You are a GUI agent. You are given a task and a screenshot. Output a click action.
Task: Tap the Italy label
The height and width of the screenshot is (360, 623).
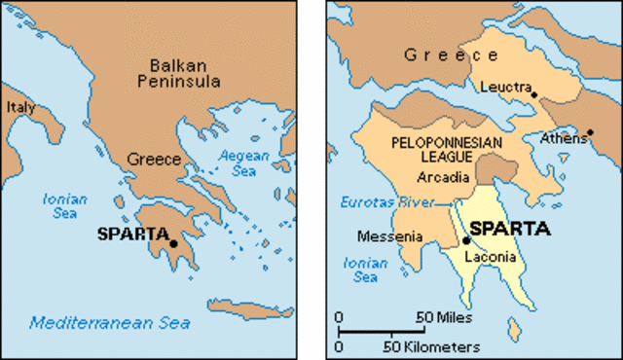pos(20,107)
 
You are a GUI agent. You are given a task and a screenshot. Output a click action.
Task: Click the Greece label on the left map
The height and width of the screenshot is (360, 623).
pos(154,158)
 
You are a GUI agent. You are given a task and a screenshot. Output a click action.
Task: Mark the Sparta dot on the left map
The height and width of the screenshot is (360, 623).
pos(173,243)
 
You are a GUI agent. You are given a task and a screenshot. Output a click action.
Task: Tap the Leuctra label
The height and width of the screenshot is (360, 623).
pos(504,88)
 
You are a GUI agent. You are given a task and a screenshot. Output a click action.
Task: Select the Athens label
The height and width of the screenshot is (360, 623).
pos(563,139)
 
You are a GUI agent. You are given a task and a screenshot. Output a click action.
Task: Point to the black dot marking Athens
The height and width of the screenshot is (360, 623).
pos(590,131)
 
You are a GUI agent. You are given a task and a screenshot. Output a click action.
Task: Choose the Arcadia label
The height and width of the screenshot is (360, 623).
pos(443,178)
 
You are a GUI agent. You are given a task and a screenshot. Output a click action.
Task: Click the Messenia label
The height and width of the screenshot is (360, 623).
pos(389,235)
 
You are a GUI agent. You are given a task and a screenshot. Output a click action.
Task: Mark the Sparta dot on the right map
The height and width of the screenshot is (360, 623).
pos(466,239)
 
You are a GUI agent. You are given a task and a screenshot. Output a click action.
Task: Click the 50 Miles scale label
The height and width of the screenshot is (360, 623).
pos(445,317)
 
